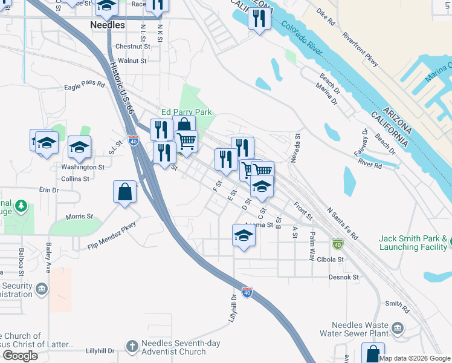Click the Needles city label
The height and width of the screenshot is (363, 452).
(107, 25)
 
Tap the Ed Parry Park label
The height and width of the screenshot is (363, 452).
(187, 112)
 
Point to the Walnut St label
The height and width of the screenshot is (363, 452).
(132, 61)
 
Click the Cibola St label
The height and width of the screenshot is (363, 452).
(328, 260)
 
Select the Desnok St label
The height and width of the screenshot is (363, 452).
(344, 278)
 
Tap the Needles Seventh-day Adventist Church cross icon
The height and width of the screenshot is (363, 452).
(132, 346)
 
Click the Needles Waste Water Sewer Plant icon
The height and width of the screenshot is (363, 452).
(397, 329)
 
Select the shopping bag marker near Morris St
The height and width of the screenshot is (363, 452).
(124, 192)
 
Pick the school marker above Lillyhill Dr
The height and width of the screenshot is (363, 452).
(244, 235)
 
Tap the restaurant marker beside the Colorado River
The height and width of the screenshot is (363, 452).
(259, 19)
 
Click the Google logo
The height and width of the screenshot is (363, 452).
(19, 356)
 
